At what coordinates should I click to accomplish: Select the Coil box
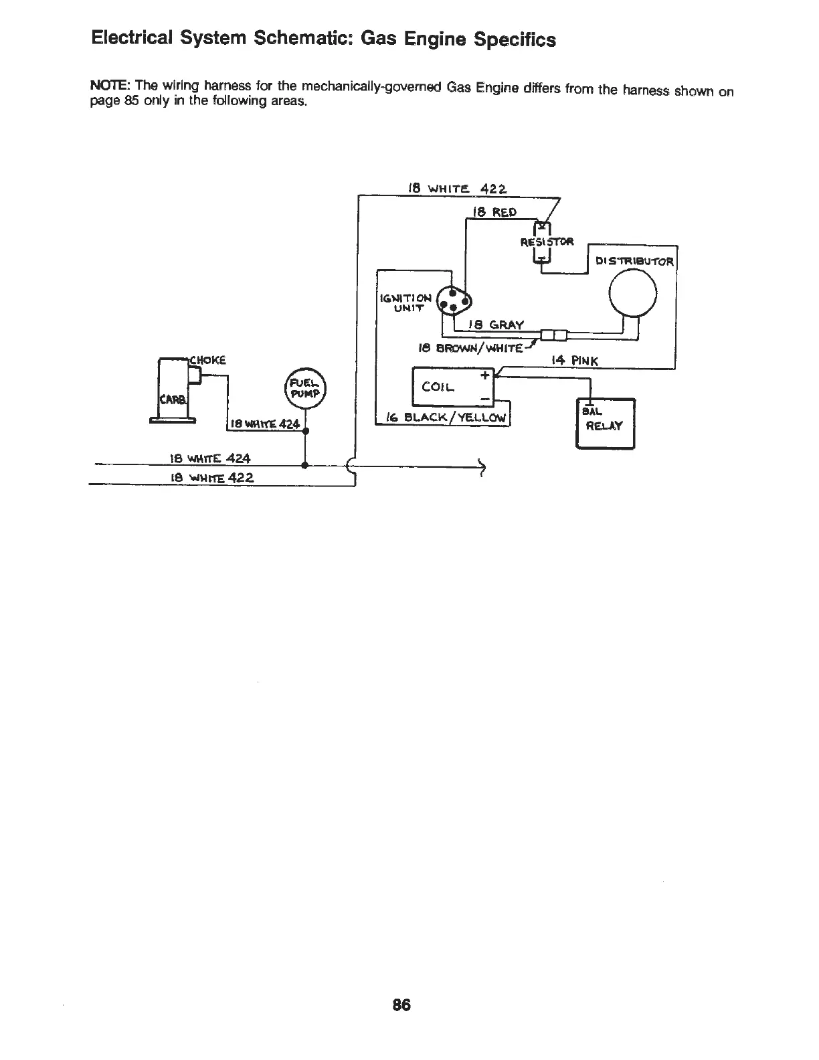click(452, 387)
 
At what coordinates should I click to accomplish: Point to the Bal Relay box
click(605, 422)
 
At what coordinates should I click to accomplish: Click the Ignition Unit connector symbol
click(453, 301)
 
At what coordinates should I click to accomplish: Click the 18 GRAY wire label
click(496, 325)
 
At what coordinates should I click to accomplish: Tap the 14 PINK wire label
click(575, 361)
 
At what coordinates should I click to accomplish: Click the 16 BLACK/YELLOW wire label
click(444, 418)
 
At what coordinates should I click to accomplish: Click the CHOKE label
click(208, 359)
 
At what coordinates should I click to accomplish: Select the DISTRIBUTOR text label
click(634, 262)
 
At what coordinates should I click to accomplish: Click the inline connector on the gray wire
click(553, 334)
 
